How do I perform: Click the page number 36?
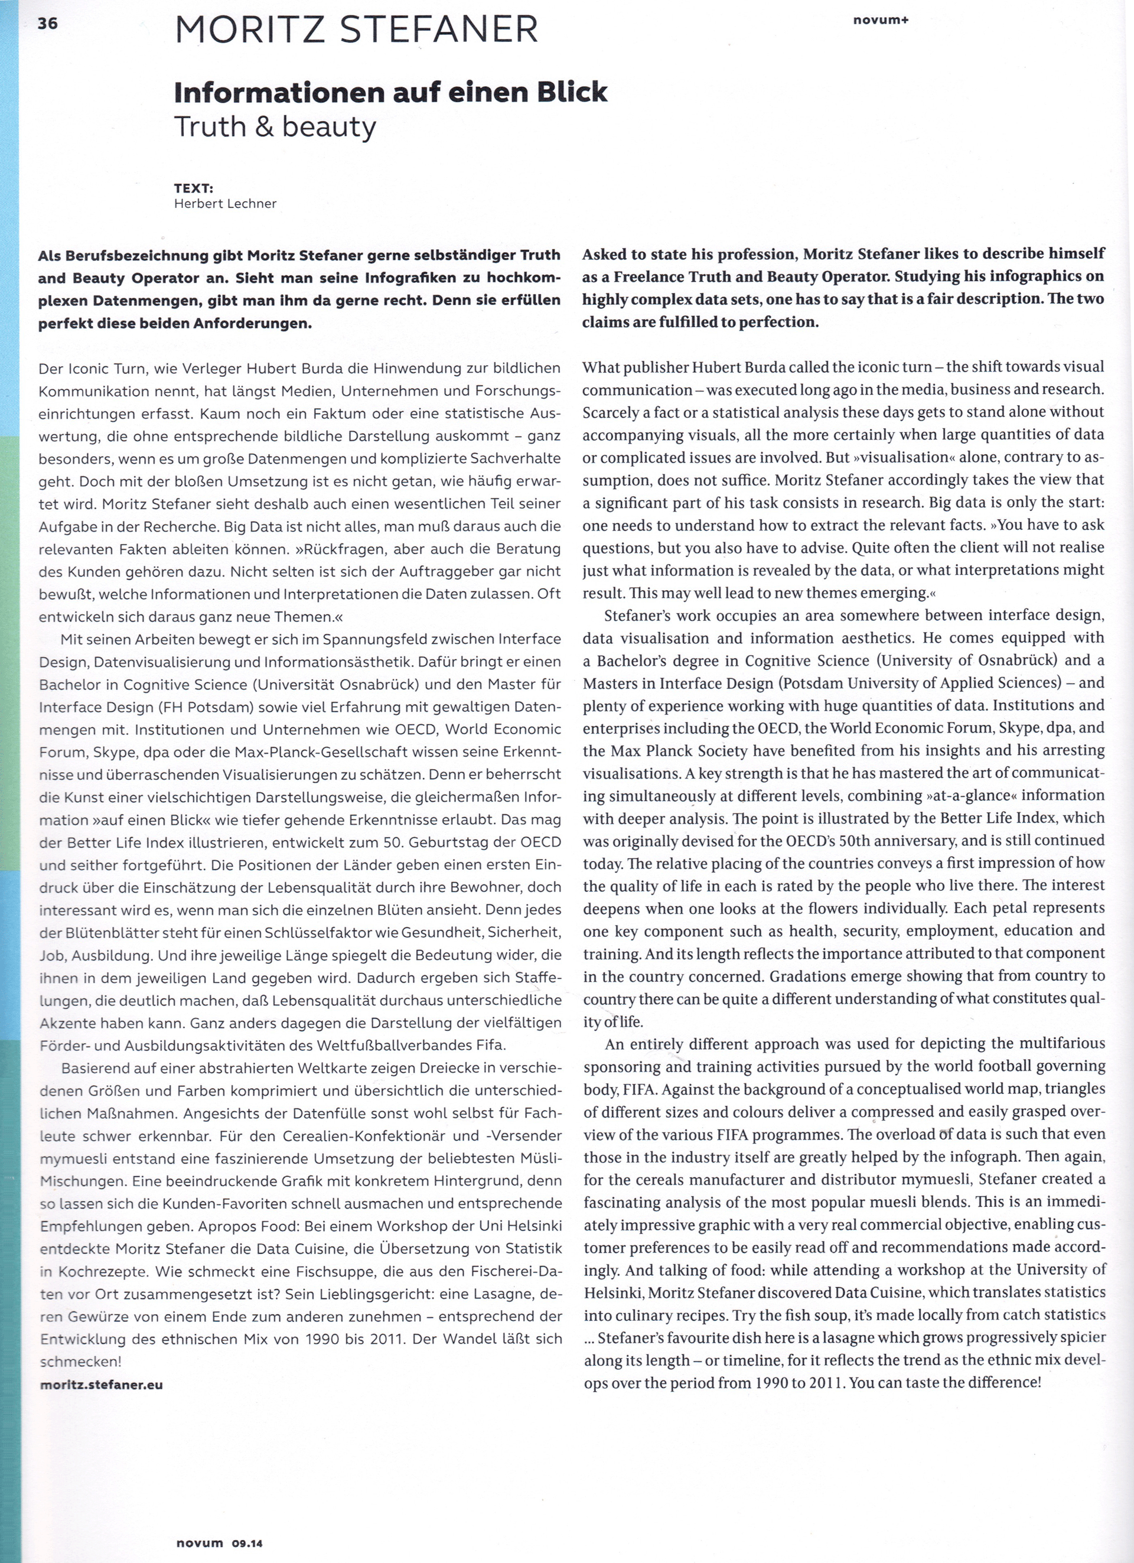[x=47, y=24]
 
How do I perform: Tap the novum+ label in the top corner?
[x=881, y=20]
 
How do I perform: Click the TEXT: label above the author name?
[x=194, y=187]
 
